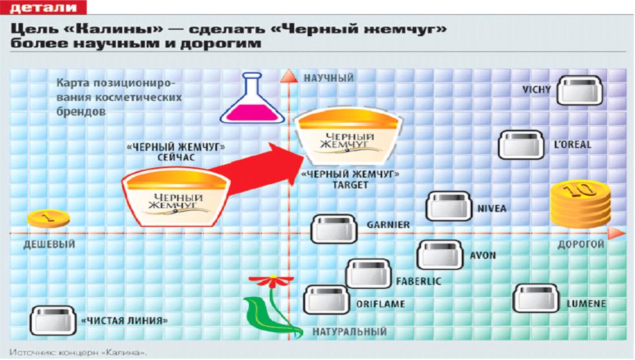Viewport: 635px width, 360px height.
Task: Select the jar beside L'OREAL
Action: (522, 145)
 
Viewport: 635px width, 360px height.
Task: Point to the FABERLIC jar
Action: (369, 273)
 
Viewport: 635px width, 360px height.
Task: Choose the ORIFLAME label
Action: (380, 304)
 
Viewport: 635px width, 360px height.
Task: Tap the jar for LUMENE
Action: (536, 299)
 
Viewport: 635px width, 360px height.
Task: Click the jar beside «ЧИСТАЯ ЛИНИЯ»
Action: (53, 321)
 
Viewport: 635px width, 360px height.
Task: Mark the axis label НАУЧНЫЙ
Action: (328, 78)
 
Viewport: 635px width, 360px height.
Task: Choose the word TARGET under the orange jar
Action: (350, 185)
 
